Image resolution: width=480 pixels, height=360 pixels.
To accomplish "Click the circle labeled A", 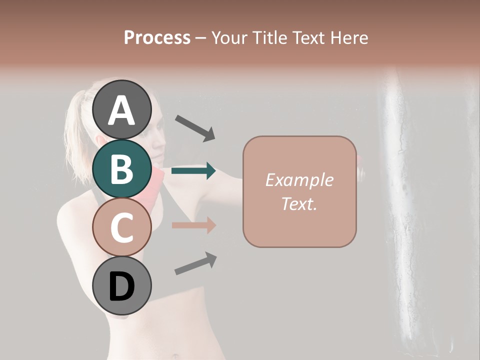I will (121, 109).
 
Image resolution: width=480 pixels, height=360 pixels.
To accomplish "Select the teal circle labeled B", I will (121, 168).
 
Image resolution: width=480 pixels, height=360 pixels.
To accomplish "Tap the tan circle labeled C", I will (121, 227).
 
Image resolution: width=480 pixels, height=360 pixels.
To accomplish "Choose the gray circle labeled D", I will (121, 286).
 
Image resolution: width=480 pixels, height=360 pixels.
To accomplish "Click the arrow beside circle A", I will (195, 127).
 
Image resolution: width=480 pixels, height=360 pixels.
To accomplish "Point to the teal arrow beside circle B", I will (193, 171).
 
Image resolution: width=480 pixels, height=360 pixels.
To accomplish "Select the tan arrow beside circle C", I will (193, 225).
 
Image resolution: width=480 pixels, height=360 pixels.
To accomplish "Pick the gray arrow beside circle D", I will (195, 263).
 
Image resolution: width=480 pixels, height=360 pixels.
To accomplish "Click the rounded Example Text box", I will (299, 191).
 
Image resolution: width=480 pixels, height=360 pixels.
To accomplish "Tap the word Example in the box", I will (299, 180).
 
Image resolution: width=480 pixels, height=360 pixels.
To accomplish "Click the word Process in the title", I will (157, 37).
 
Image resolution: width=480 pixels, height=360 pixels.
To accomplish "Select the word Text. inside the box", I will (299, 203).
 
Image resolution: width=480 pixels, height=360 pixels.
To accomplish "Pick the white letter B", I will (121, 169).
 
